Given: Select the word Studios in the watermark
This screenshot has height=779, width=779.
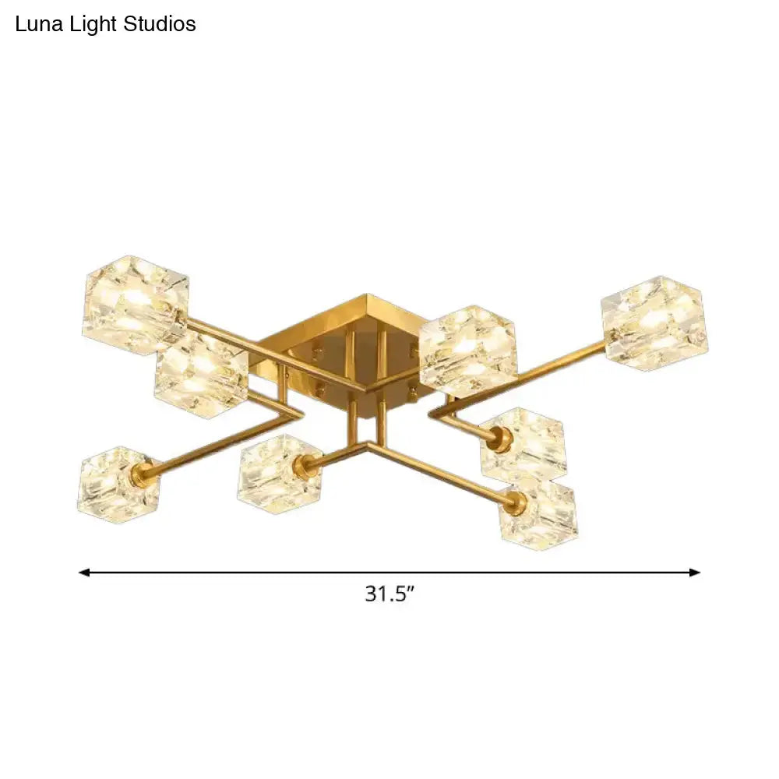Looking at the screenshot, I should click(158, 24).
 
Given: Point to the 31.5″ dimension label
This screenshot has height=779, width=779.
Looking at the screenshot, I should click(389, 594).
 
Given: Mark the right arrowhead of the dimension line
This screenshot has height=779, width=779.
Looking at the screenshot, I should click(695, 573).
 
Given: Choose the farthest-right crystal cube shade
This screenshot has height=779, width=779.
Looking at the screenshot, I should click(655, 322).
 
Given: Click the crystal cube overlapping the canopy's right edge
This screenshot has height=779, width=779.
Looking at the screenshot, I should click(467, 351).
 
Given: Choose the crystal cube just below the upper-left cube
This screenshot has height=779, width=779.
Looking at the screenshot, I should click(200, 377).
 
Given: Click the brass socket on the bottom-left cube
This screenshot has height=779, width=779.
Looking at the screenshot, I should click(144, 471).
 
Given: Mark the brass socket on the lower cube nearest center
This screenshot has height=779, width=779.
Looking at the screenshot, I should click(301, 467).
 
